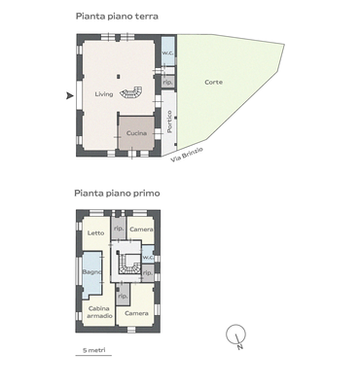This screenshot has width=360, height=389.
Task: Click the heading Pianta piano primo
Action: tap(118, 194)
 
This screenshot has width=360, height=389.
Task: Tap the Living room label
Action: tap(104, 94)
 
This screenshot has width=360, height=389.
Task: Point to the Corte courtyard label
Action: tap(213, 82)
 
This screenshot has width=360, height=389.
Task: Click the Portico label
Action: tap(169, 122)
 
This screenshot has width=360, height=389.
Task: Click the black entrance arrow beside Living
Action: tap(69, 95)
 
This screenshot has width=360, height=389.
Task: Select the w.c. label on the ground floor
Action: tap(167, 53)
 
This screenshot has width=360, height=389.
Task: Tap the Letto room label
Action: tap(95, 232)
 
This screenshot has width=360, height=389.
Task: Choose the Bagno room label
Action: tap(92, 271)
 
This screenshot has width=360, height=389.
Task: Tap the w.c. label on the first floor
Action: tap(147, 257)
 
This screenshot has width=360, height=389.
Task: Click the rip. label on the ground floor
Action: tap(167, 83)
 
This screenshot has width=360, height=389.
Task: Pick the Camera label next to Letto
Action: tap(141, 229)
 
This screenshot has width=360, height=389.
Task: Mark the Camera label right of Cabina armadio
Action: tap(136, 313)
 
